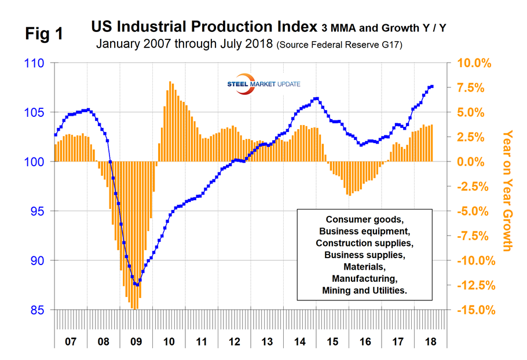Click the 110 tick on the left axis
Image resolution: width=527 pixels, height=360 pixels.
[36, 63]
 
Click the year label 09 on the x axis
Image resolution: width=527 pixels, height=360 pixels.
[136, 341]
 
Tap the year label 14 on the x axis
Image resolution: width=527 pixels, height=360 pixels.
[299, 341]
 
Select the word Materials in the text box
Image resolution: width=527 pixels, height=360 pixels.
[364, 267]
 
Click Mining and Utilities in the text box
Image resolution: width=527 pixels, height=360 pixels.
[364, 291]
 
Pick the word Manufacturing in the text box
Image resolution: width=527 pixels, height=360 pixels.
[364, 278]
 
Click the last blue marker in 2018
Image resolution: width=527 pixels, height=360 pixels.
[431, 87]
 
